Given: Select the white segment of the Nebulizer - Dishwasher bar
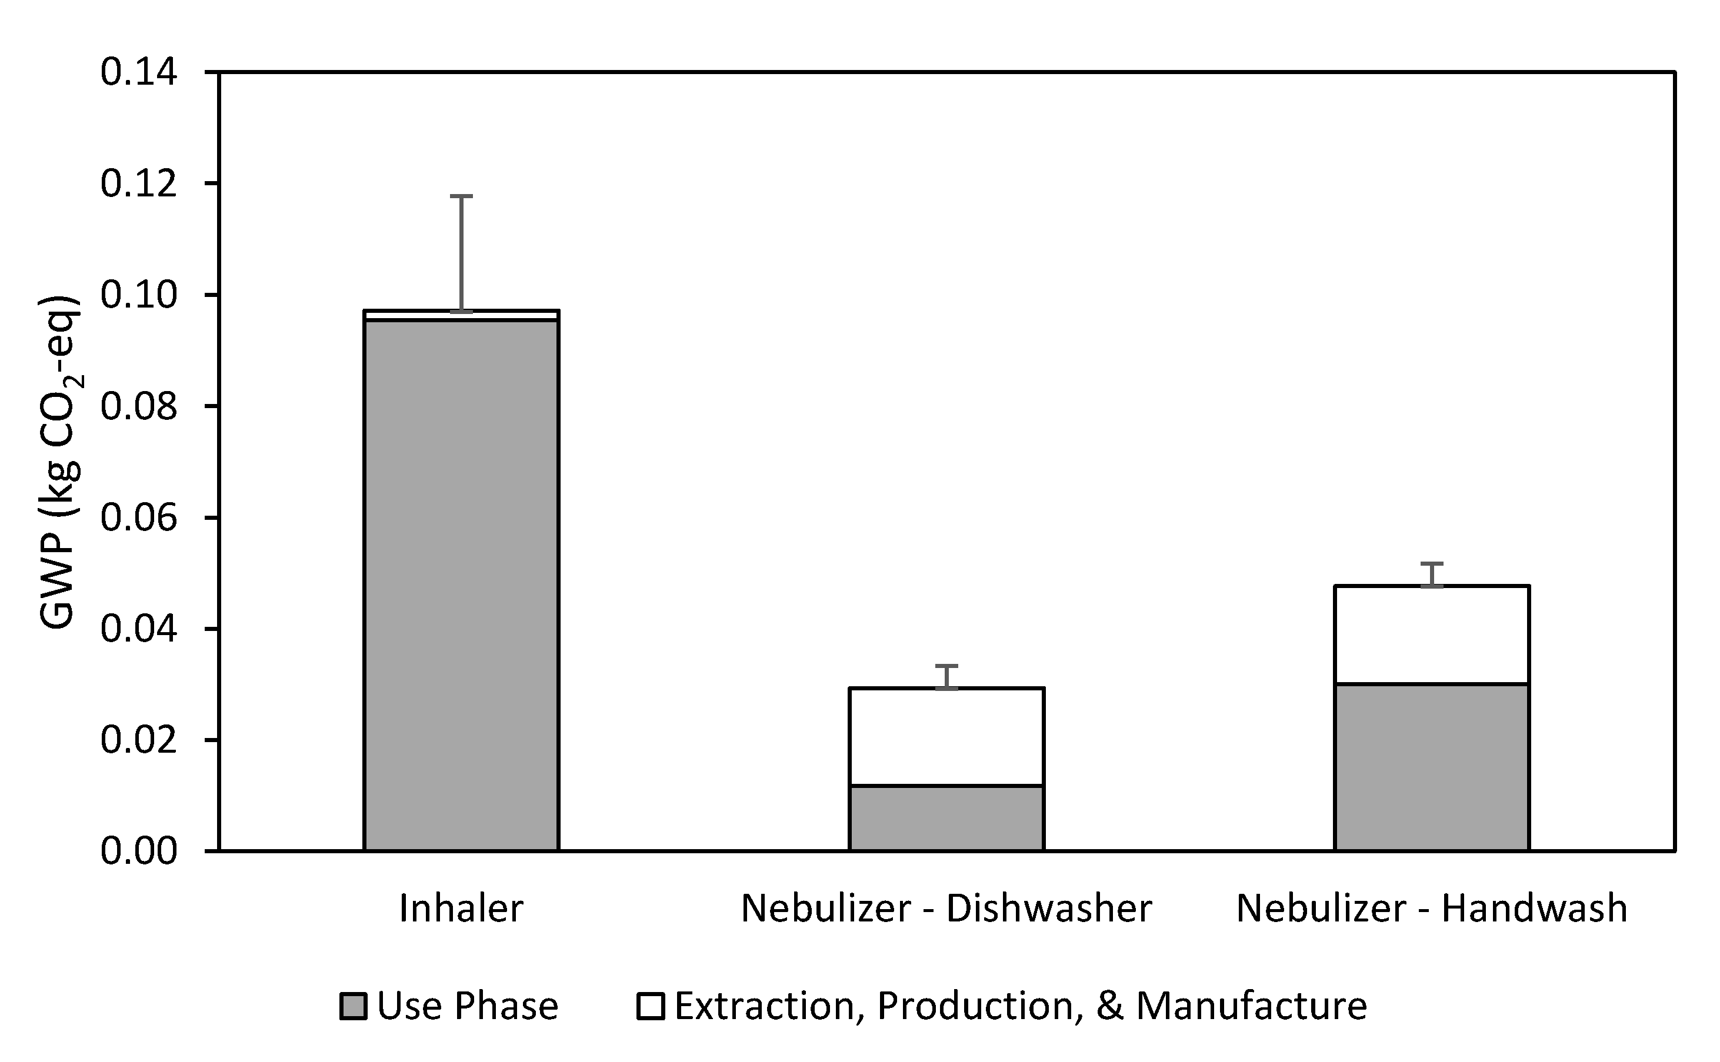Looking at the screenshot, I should pos(946,736).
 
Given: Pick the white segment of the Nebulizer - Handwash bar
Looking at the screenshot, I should pos(1432,633).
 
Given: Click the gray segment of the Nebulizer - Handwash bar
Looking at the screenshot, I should pos(1432,766).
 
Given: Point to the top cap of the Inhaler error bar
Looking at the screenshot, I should pos(461,196).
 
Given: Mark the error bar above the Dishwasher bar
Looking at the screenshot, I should pos(946,676).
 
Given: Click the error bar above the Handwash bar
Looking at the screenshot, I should pos(1432,574).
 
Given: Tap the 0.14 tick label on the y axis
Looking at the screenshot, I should pos(138,72).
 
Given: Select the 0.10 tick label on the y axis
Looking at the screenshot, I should pos(138,295).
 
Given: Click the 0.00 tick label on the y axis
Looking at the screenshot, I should pos(138,851).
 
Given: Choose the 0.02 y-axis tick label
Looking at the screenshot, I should pos(138,740).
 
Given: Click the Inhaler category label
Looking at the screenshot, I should pos(461,908).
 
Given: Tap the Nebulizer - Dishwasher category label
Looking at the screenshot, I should pos(946,908).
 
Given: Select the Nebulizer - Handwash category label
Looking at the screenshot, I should pos(1432,908).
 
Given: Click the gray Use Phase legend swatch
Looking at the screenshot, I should pos(353,1006).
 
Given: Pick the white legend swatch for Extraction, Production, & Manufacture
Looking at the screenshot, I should pos(650,1006).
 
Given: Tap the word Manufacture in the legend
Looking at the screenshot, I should pos(1251,1006).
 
